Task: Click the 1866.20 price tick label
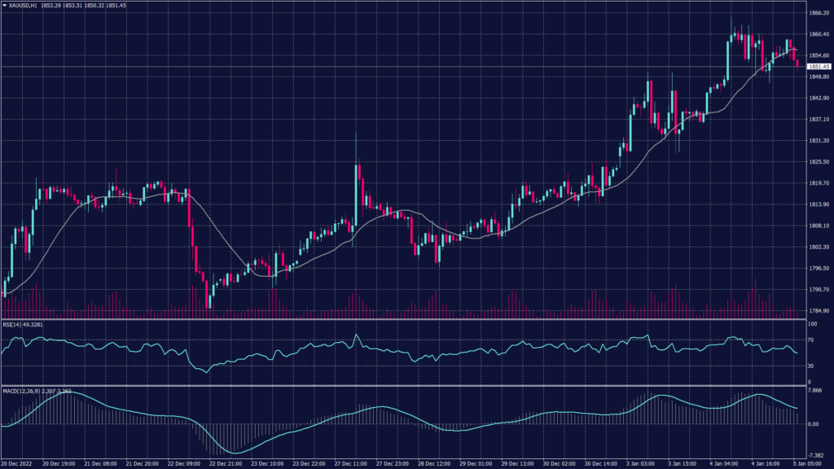pyautogui.click(x=818, y=13)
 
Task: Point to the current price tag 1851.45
pyautogui.click(x=818, y=66)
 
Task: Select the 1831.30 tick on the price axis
pyautogui.click(x=818, y=141)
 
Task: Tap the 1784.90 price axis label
pyautogui.click(x=818, y=311)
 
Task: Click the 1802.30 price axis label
pyautogui.click(x=818, y=247)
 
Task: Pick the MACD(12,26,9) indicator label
pyautogui.click(x=24, y=392)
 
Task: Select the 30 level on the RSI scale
pyautogui.click(x=810, y=366)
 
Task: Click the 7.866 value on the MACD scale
pyautogui.click(x=814, y=390)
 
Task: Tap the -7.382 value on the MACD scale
pyautogui.click(x=814, y=455)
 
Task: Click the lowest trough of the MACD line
pyautogui.click(x=236, y=453)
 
